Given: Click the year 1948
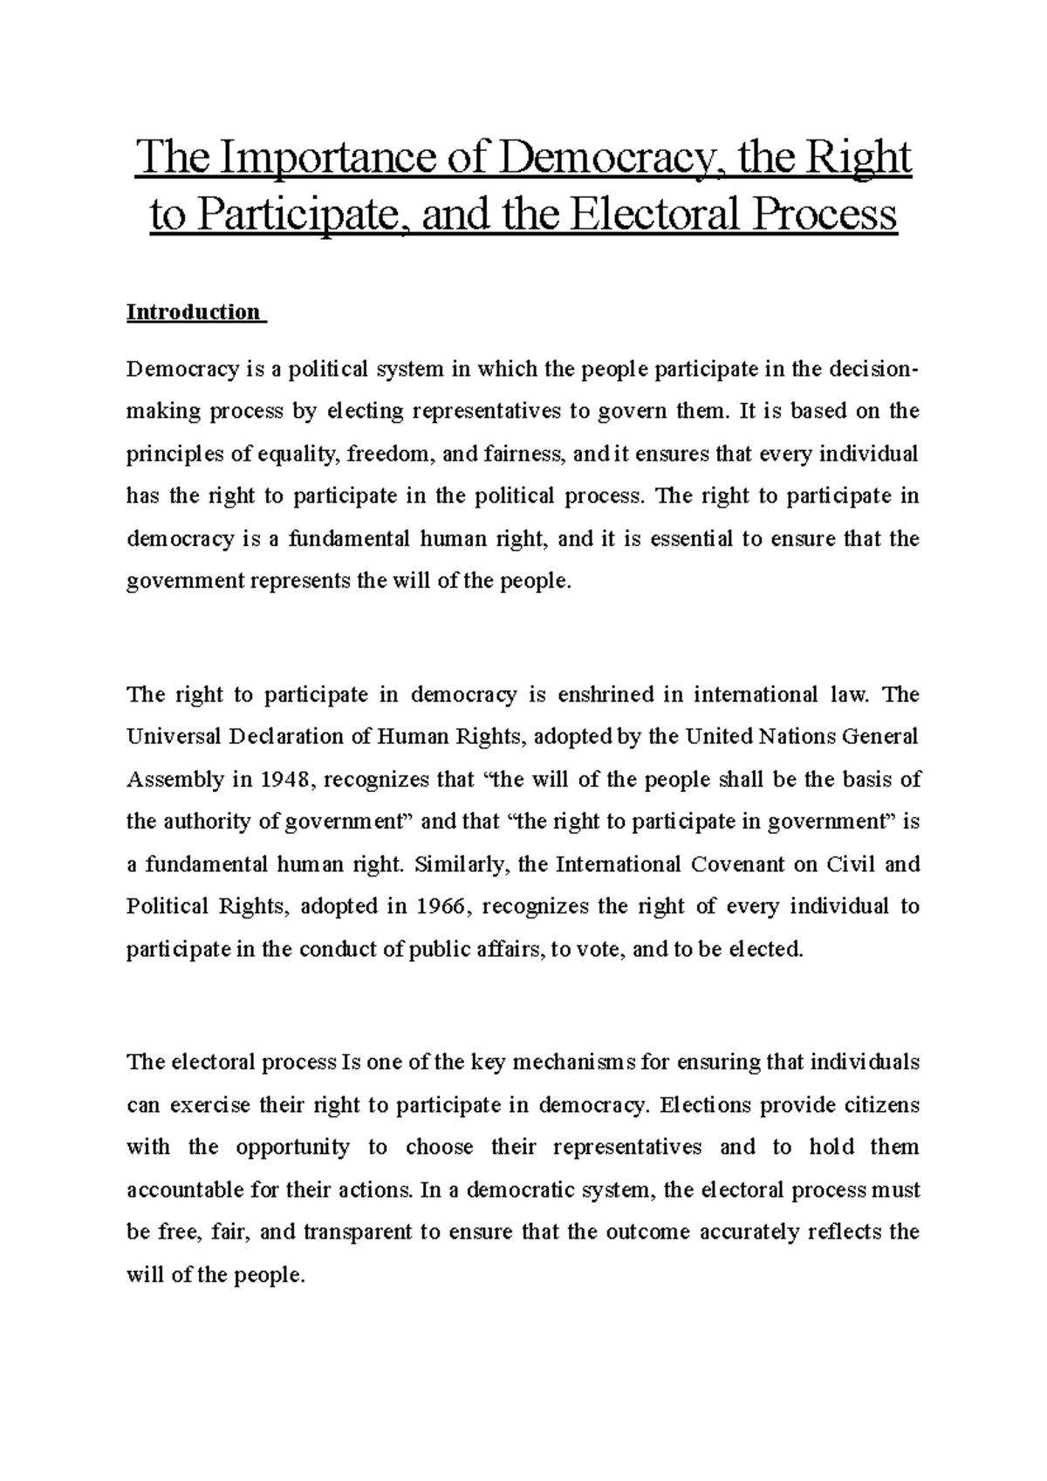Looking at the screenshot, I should pos(285,780).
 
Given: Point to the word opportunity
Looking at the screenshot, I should pos(292,1147).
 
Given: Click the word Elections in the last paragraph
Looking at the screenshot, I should pos(706,1105).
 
